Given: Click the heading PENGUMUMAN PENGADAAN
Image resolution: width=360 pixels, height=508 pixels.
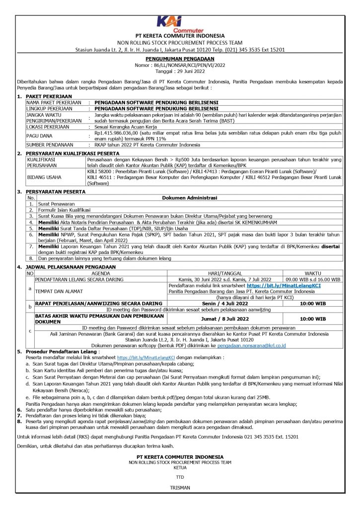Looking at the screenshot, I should pyautogui.click(x=180, y=59).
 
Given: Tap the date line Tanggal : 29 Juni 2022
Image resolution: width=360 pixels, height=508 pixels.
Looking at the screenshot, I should pyautogui.click(x=180, y=71).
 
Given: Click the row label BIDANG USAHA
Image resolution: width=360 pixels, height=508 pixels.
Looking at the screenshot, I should pyautogui.click(x=45, y=177).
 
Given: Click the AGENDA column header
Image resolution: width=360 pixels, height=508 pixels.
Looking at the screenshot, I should pyautogui.click(x=101, y=273).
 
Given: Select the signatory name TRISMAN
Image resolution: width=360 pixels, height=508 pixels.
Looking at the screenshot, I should pyautogui.click(x=180, y=487).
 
